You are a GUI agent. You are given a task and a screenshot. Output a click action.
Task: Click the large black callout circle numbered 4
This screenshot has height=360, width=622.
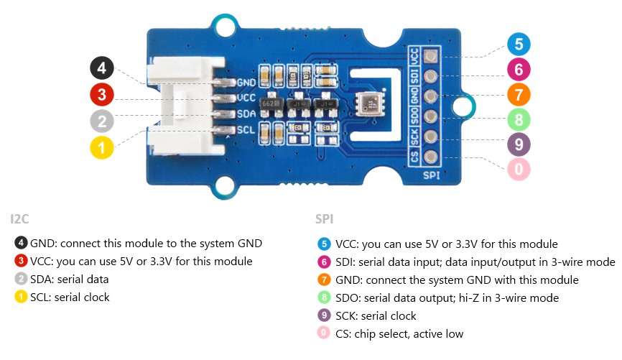click(102, 69)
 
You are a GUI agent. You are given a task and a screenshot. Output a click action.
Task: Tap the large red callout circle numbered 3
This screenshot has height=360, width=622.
click(102, 94)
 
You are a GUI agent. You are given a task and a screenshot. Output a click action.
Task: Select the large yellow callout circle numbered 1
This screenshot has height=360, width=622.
click(102, 148)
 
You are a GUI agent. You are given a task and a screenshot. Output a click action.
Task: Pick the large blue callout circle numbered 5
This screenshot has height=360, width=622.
click(519, 45)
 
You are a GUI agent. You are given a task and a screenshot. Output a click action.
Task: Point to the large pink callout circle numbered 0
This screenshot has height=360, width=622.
click(519, 170)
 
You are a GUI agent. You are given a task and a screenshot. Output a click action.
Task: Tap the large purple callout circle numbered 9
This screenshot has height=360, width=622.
click(519, 144)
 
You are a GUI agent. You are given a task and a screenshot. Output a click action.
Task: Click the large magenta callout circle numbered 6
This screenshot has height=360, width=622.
click(519, 70)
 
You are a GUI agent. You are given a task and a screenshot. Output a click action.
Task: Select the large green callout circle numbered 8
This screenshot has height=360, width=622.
click(519, 119)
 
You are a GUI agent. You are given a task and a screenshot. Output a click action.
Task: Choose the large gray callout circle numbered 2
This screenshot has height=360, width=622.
click(102, 121)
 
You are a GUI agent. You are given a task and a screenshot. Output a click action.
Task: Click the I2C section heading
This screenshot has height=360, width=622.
click(19, 218)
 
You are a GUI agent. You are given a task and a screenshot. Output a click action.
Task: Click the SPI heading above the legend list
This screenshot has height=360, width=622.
click(324, 218)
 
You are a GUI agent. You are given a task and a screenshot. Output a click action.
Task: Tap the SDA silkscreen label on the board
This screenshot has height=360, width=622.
click(246, 114)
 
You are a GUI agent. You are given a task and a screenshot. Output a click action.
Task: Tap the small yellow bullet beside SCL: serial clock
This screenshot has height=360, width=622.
click(22, 296)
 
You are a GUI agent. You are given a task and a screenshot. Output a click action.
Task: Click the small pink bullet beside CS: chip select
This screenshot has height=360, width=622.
click(323, 333)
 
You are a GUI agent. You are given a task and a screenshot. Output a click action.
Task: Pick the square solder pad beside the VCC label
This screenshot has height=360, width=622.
click(431, 56)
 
